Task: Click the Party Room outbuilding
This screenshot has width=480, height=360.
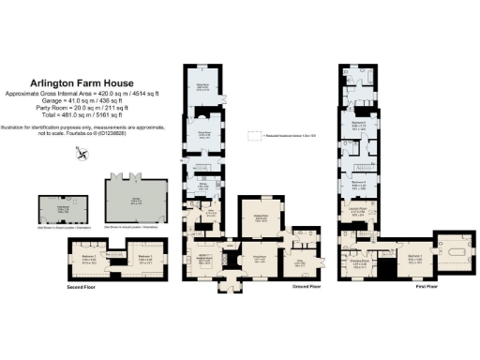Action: click(53, 211)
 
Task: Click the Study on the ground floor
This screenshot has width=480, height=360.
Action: click(302, 262)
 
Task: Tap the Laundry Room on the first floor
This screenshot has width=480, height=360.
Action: click(358, 212)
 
